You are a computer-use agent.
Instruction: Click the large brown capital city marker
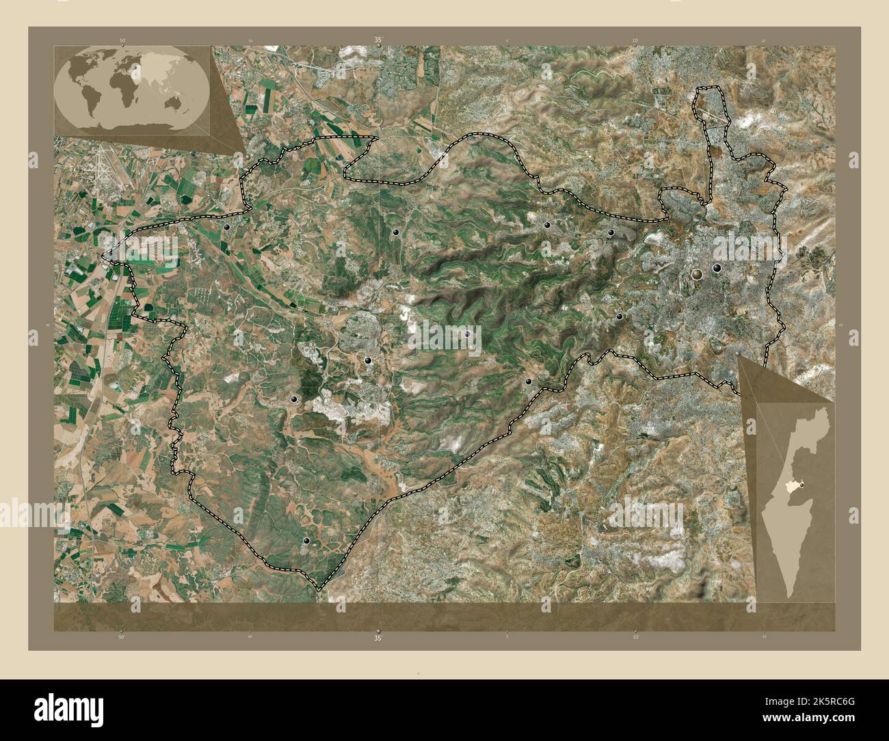point(697,274)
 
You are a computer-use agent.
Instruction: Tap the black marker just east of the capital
point(717,269)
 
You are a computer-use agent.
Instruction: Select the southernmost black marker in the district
point(306,541)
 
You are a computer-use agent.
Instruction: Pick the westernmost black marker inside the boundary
point(226,227)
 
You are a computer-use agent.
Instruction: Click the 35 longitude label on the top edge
point(377,40)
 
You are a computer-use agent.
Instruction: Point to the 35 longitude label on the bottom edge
point(377,638)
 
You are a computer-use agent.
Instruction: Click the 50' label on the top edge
point(123,41)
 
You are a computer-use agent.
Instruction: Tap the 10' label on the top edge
point(635,41)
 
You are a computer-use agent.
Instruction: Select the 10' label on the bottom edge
point(635,637)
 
